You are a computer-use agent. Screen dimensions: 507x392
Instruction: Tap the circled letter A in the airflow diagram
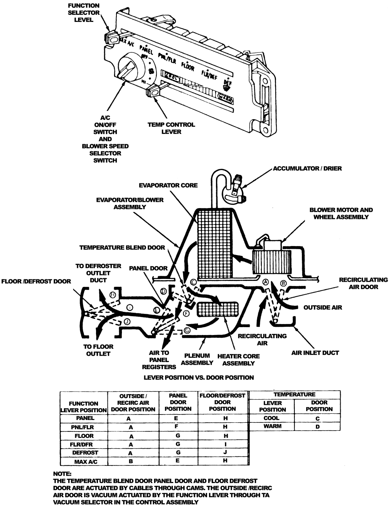(265, 282)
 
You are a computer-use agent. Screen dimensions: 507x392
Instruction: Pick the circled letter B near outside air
(284, 282)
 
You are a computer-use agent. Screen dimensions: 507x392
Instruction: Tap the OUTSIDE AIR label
(323, 308)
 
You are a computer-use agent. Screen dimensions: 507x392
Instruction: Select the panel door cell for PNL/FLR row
(177, 427)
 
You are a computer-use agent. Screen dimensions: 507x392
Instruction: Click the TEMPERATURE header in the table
(295, 395)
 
